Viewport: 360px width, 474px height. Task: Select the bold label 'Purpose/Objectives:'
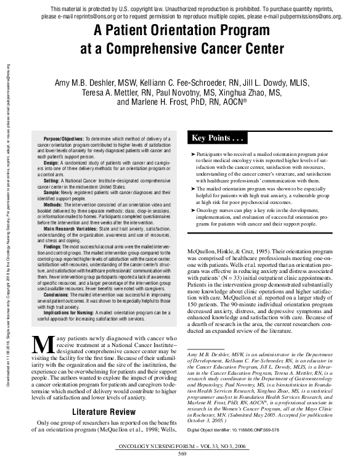click(60, 140)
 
